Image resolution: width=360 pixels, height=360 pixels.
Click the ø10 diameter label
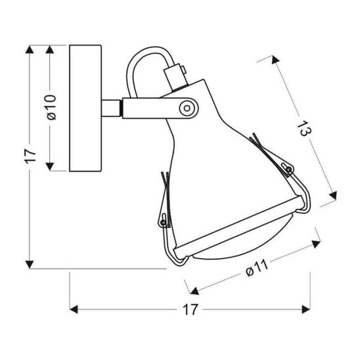[52, 108]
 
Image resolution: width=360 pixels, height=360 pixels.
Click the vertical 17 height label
[30, 156]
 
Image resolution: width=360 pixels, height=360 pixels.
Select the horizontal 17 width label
[190, 309]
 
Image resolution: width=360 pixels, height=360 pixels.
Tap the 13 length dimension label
[304, 129]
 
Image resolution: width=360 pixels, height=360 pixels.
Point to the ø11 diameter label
[256, 268]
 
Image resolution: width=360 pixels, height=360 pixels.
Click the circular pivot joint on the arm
[187, 108]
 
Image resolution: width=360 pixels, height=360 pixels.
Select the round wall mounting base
[85, 108]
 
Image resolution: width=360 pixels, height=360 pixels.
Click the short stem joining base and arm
[111, 108]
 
